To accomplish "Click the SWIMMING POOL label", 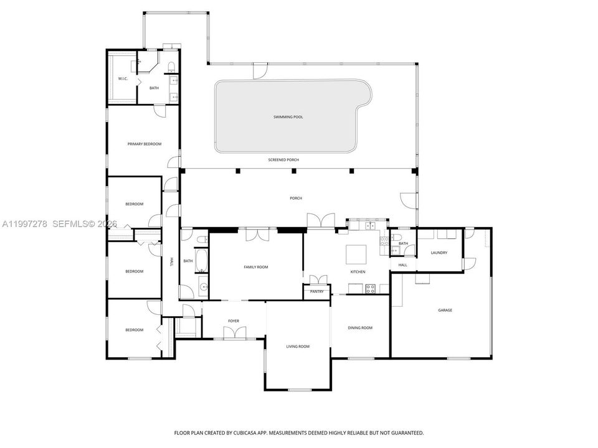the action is tap(288, 117).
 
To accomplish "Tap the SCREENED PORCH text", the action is tap(283, 160).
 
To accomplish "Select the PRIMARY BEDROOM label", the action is tap(144, 144).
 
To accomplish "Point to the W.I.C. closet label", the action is tap(123, 78).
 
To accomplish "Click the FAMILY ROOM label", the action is tap(256, 267).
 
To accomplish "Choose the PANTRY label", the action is tap(316, 291).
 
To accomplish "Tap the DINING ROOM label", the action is tap(360, 328).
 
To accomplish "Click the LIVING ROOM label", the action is tap(298, 347).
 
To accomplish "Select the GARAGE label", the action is tap(445, 310).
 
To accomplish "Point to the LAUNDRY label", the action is tap(439, 253).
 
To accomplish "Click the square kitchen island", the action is tap(356, 254).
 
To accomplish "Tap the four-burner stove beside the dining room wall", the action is tap(371, 289).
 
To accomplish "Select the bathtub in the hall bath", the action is tap(201, 261).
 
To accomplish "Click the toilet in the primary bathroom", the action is tap(171, 67).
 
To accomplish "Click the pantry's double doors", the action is tap(318, 279).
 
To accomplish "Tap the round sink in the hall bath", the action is tap(204, 286).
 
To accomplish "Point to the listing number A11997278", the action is tap(25, 224).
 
